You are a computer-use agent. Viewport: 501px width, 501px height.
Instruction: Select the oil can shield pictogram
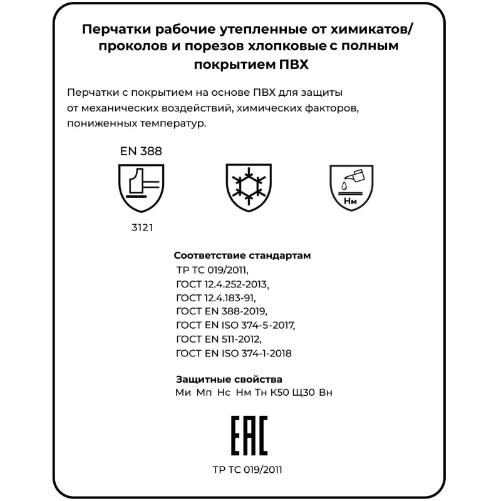pos(351,186)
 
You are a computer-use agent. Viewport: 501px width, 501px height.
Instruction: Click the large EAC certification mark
pos(250,435)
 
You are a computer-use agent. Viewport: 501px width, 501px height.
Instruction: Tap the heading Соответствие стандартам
pos(242,256)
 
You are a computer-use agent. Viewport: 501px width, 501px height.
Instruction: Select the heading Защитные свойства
pos(229,380)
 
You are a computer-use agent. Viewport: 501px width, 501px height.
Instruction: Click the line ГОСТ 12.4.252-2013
pos(223,284)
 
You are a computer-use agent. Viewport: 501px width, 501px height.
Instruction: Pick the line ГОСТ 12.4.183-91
pos(217,298)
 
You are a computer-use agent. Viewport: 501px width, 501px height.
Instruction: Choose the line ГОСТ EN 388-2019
pos(222,312)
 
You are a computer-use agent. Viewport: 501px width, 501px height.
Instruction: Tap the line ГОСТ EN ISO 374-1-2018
pos(235,353)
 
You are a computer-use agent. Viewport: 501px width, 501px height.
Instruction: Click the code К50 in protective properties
pos(279,393)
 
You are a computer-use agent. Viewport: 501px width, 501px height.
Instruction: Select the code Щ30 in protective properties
pos(304,393)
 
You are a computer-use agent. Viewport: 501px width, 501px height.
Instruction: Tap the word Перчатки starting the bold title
pos(115,29)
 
